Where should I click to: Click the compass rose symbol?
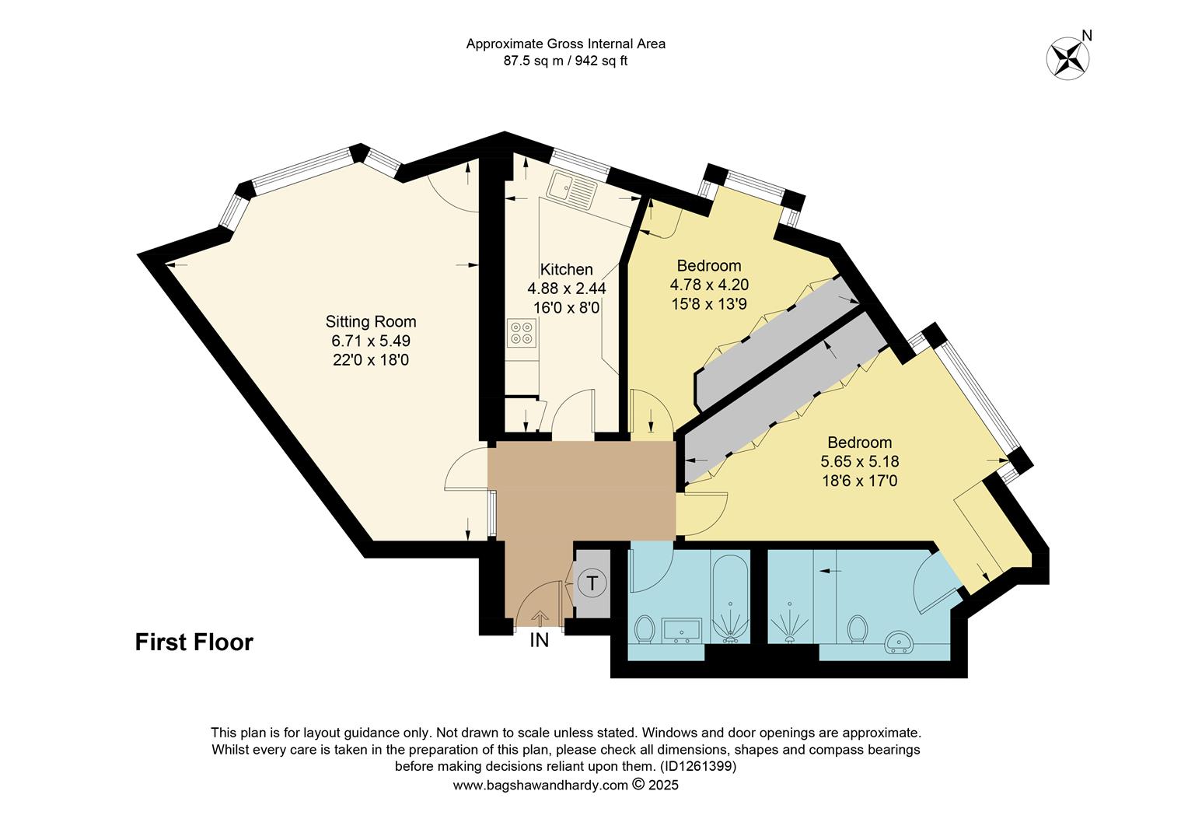(x=1067, y=58)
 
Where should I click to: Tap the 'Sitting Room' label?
(x=371, y=321)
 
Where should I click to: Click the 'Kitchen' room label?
(x=566, y=269)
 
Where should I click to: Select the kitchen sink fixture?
(x=570, y=189)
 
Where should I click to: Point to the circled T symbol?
(x=592, y=583)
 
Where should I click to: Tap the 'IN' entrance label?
(x=539, y=641)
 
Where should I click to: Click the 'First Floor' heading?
(x=194, y=642)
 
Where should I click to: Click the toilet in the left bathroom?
(x=645, y=628)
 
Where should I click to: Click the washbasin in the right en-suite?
(x=903, y=640)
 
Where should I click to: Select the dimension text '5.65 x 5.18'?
(x=859, y=462)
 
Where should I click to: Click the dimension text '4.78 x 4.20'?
(x=709, y=285)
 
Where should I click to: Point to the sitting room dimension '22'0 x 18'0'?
(x=371, y=360)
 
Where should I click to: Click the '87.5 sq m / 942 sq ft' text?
(x=565, y=61)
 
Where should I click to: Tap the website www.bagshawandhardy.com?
(x=540, y=785)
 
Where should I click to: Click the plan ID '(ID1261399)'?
(x=697, y=767)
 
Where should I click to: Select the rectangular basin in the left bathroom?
(x=682, y=631)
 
